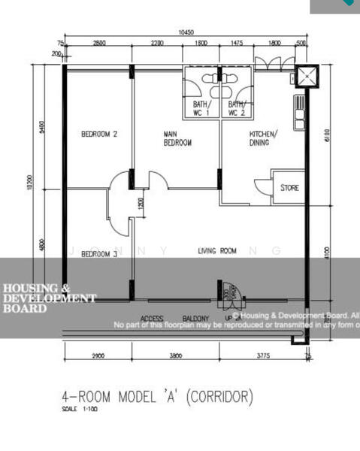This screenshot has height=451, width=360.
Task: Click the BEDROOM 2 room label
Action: (x=99, y=135)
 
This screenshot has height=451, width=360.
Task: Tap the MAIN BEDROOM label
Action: (x=178, y=138)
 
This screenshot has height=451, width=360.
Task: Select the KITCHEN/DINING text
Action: (x=263, y=138)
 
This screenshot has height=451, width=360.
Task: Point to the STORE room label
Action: (x=289, y=187)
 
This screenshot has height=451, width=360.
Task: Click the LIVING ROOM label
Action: (x=217, y=251)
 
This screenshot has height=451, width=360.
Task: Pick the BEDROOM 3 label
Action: (x=99, y=254)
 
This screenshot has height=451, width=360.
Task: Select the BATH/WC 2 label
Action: (x=237, y=108)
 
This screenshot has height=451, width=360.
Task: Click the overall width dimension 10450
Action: (x=186, y=32)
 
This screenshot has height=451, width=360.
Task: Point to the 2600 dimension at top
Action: (x=99, y=44)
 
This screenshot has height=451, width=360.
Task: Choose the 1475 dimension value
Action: (x=237, y=44)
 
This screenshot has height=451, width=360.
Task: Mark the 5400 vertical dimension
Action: (x=42, y=128)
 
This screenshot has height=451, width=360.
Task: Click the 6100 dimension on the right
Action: (x=326, y=135)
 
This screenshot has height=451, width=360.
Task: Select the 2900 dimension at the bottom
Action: (x=98, y=355)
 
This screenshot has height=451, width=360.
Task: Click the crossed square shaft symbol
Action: (x=307, y=77)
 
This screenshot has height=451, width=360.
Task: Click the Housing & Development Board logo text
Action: (x=49, y=298)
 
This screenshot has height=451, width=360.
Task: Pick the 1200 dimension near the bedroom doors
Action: (x=141, y=203)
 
